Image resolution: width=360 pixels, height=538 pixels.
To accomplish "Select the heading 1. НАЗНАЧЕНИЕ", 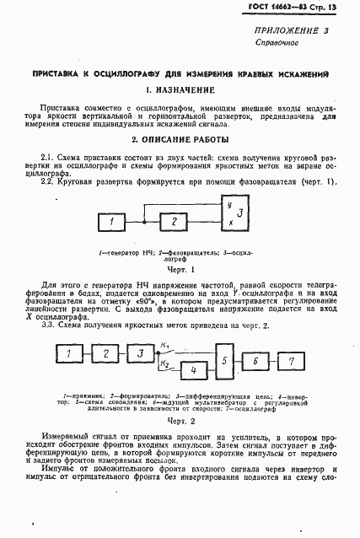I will [x=180, y=89].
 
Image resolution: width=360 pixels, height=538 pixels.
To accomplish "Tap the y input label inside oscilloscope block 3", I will [x=229, y=205].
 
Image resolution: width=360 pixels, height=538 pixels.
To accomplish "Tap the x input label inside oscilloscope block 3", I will [x=229, y=223].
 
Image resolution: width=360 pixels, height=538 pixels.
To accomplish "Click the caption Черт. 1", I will [x=180, y=271].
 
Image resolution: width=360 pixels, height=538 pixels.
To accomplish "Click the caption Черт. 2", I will [x=180, y=419].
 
